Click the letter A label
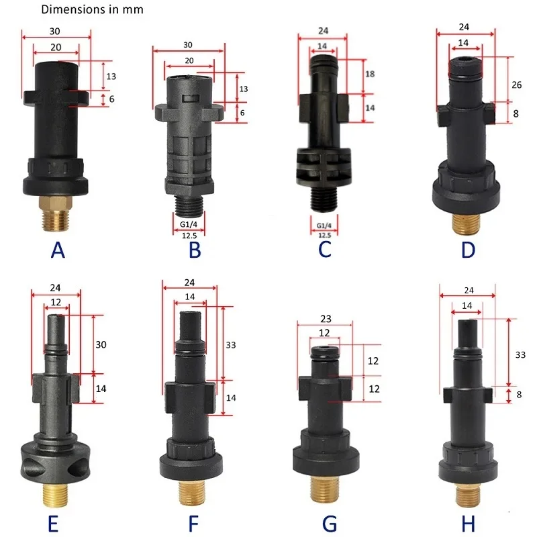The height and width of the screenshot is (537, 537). [58, 250]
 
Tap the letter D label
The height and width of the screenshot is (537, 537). [468, 250]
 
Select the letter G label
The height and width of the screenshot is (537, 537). [330, 524]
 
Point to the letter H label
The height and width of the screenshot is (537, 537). [468, 524]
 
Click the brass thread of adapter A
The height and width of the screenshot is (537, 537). [56, 213]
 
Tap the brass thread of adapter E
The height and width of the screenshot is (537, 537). [56, 494]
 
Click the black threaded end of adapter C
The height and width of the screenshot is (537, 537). [324, 199]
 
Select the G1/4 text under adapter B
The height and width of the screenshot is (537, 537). [189, 224]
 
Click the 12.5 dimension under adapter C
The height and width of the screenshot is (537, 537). [324, 236]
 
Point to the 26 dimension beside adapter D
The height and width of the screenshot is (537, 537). [516, 85]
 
